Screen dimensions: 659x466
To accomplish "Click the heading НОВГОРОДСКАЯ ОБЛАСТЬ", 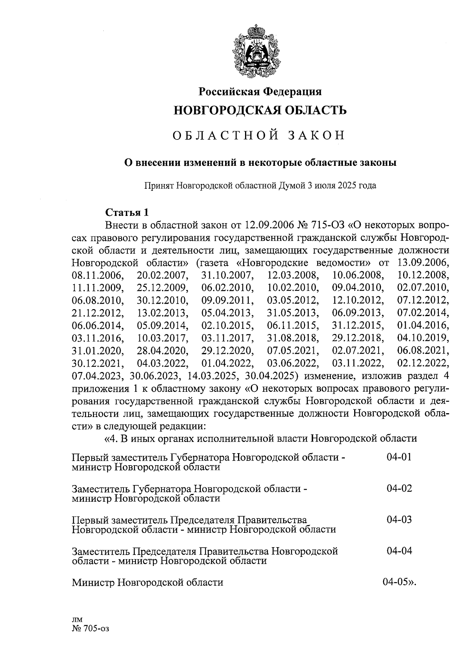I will (x=260, y=110).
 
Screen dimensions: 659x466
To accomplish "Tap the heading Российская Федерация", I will (x=260, y=92).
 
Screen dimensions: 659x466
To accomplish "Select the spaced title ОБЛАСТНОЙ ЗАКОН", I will (x=259, y=136).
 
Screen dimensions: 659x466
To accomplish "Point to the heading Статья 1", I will (x=127, y=212).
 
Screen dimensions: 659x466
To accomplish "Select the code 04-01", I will (x=399, y=457).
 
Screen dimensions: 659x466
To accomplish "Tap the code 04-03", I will (x=399, y=520).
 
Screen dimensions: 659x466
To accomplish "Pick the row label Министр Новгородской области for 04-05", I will (x=148, y=582).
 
